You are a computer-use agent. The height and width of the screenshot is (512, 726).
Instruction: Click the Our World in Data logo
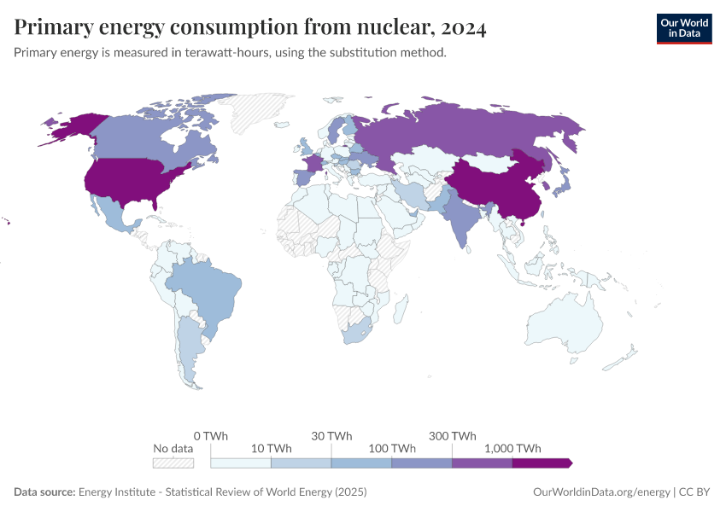683,28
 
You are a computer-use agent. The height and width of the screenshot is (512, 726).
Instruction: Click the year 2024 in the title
464,28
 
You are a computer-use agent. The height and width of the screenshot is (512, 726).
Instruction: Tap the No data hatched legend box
173,463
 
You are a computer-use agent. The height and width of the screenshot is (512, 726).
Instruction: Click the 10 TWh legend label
272,448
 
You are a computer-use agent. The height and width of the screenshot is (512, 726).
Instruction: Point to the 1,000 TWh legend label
512,448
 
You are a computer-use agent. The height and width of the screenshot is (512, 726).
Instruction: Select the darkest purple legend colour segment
542,463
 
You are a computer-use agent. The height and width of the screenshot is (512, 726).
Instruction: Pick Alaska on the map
73,128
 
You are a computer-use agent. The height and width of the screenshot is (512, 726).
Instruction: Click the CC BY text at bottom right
695,492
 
